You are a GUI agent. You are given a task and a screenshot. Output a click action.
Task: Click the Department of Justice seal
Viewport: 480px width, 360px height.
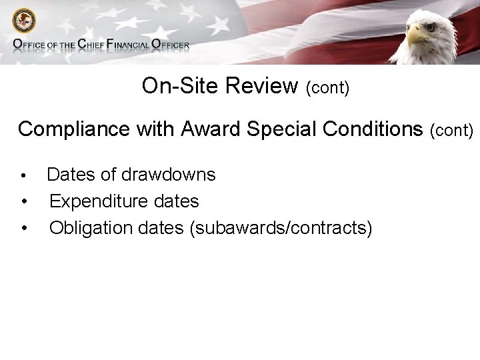click(25, 21)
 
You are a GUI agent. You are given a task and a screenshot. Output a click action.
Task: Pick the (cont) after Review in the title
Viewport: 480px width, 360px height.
click(327, 88)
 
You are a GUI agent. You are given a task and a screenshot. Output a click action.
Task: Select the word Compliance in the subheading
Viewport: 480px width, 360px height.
click(74, 129)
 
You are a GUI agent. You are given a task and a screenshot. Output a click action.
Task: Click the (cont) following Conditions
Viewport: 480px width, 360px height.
click(451, 131)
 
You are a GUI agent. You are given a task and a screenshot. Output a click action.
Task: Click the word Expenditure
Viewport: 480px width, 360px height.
click(99, 201)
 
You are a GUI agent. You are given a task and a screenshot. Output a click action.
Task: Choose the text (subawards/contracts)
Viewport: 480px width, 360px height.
click(281, 228)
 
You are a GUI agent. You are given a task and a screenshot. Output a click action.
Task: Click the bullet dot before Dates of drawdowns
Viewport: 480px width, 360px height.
click(23, 176)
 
